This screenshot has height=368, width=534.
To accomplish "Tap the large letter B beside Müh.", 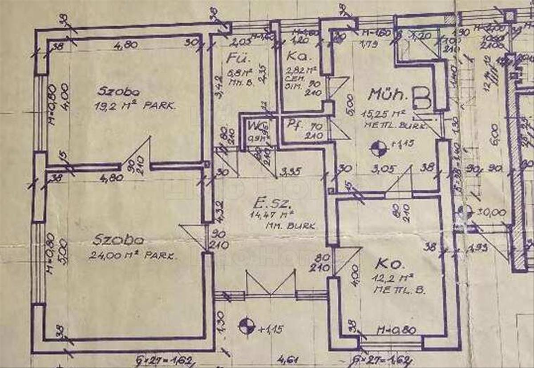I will coord(421,99).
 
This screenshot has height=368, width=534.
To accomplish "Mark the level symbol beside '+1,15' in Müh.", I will coord(380,148).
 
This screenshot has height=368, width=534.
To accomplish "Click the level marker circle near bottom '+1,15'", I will coord(245,326).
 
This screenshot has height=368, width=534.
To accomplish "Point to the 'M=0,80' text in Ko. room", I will coord(396,330).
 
